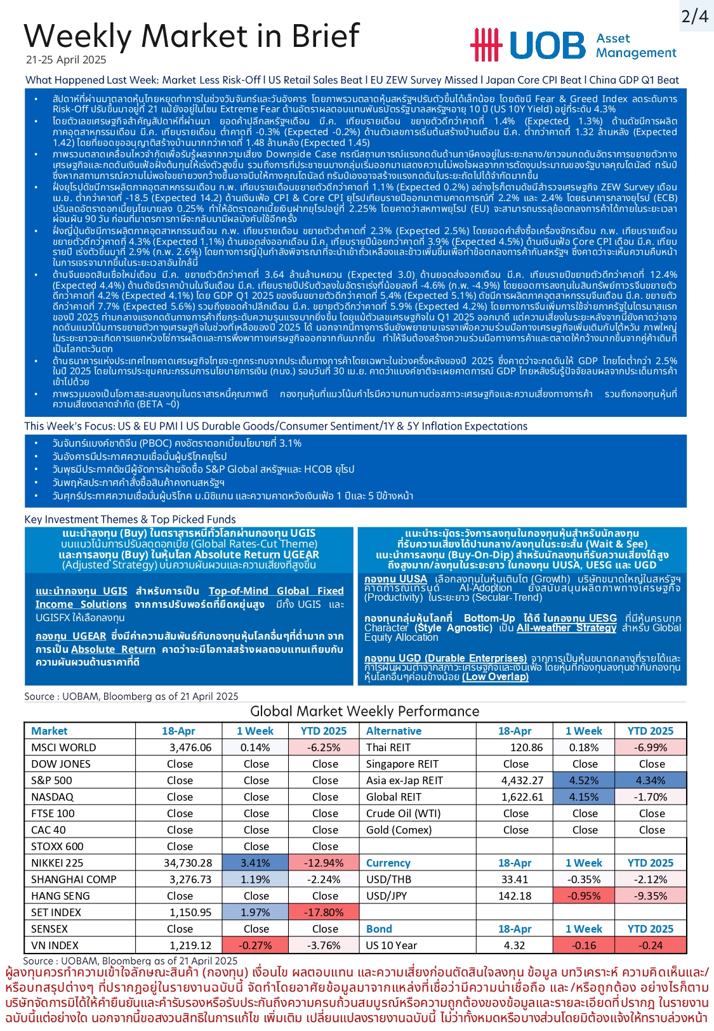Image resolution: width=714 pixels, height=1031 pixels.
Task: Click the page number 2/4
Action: (x=694, y=16)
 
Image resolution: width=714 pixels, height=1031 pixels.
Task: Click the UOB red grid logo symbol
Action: (x=486, y=45)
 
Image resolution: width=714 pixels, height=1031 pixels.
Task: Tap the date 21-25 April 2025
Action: (x=66, y=60)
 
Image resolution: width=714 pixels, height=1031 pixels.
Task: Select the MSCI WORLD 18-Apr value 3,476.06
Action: (x=190, y=747)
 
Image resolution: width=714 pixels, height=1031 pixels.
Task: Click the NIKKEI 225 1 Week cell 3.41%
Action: (x=255, y=863)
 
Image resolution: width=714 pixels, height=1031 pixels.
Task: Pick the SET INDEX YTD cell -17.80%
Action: (x=324, y=912)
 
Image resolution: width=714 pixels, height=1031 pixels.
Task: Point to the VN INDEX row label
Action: (x=55, y=945)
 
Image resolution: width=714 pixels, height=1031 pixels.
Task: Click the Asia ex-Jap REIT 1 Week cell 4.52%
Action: (x=584, y=780)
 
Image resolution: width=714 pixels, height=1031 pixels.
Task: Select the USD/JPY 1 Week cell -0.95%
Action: (x=584, y=896)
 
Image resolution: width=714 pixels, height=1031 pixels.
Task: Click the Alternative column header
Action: (x=393, y=731)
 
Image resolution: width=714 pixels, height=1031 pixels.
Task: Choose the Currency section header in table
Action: (x=388, y=863)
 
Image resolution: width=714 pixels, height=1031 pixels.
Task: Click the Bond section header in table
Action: (x=379, y=929)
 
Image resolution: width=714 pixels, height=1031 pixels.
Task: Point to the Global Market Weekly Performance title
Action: (x=364, y=711)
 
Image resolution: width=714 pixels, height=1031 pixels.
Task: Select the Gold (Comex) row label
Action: (x=399, y=830)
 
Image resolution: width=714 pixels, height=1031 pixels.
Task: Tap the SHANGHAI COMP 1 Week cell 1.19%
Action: (x=255, y=879)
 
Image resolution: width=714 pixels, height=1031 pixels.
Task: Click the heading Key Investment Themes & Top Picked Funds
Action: (x=130, y=519)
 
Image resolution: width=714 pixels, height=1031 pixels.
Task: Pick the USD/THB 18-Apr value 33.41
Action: (x=514, y=879)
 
